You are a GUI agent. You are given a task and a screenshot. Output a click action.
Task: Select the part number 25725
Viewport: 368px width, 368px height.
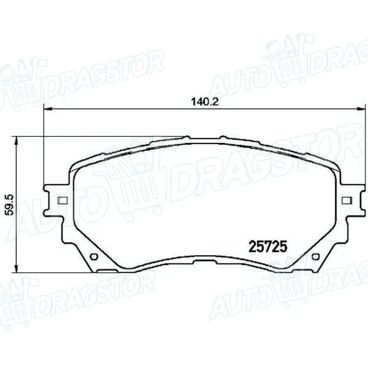tap(268, 247)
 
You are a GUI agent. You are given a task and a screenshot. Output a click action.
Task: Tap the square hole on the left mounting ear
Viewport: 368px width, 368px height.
tap(61, 200)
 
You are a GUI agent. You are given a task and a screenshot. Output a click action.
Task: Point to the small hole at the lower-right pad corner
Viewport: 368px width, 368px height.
tap(316, 257)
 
